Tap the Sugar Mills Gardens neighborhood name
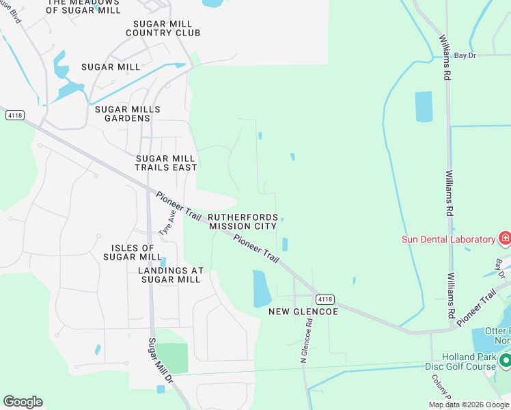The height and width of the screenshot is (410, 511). (x=128, y=113)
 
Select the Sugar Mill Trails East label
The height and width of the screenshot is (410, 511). (x=166, y=163)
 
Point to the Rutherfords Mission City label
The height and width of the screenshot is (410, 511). (x=243, y=221)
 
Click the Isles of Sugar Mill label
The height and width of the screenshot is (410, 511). (x=133, y=252)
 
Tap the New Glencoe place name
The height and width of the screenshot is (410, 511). (x=303, y=312)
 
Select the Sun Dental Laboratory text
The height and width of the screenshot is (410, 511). (x=447, y=239)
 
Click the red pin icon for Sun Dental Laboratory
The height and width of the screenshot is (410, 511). (x=505, y=238)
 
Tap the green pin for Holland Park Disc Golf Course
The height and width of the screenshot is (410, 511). (x=505, y=359)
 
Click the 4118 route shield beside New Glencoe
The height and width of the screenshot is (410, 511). (x=325, y=299)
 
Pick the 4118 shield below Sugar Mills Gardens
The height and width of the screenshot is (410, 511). (x=14, y=115)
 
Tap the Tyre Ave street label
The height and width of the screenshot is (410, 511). (x=167, y=223)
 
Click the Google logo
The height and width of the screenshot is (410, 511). (x=23, y=402)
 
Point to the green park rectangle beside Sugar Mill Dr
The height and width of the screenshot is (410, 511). (x=174, y=358)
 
